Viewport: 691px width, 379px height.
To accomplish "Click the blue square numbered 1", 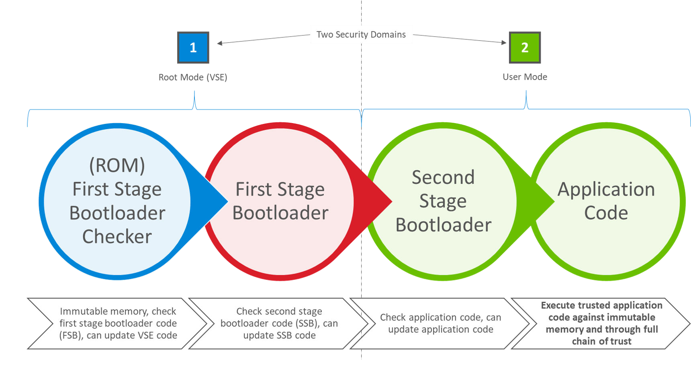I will click(193, 47).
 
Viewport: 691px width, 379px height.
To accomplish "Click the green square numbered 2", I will click(525, 47).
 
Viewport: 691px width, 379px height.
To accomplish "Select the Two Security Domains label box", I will click(361, 35).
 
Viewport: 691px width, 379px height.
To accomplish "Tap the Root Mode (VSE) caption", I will click(193, 77).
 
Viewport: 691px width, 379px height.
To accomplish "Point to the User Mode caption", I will click(525, 76).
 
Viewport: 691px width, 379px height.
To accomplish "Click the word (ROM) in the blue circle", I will click(117, 165).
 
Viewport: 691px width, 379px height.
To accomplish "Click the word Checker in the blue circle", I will click(117, 237).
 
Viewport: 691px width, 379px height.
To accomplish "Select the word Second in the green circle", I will click(443, 177).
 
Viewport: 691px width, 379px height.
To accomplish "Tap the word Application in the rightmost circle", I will click(606, 189).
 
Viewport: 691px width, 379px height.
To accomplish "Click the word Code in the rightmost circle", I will click(606, 213).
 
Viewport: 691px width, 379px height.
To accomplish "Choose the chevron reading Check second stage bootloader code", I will click(279, 323).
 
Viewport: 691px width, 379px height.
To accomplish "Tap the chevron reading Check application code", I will click(440, 323).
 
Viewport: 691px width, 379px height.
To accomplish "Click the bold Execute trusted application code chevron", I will click(601, 323).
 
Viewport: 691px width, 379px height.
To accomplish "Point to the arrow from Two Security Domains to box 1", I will click(263, 39).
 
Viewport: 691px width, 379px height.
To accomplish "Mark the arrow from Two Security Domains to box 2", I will click(460, 39).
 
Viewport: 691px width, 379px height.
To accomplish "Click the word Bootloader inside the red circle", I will click(280, 213).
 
